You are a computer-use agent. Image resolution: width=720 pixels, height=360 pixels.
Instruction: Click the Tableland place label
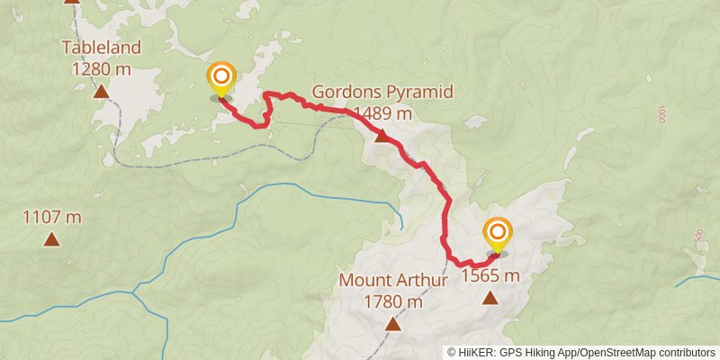tap(103, 47)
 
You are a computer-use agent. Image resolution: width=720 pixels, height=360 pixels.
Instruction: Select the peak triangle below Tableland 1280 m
tap(102, 91)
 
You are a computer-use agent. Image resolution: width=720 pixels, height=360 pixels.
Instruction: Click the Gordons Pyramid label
tap(382, 93)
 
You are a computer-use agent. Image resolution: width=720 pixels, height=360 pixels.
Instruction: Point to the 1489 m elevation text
tap(383, 112)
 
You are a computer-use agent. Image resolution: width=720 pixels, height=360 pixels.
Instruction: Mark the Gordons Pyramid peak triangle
tap(382, 137)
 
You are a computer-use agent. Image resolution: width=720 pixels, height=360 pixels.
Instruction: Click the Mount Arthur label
tap(393, 280)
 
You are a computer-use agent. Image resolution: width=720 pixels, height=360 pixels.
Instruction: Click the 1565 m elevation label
tap(490, 275)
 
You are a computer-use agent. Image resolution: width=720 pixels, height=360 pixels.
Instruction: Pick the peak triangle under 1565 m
tap(490, 298)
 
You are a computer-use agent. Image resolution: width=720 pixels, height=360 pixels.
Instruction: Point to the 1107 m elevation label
tap(52, 217)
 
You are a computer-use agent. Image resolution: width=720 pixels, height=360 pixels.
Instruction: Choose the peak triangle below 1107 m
tap(52, 239)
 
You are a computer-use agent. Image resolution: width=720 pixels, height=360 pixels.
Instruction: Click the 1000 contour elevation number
tap(661, 114)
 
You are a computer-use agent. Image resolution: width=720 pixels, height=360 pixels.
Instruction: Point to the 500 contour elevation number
tap(698, 236)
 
